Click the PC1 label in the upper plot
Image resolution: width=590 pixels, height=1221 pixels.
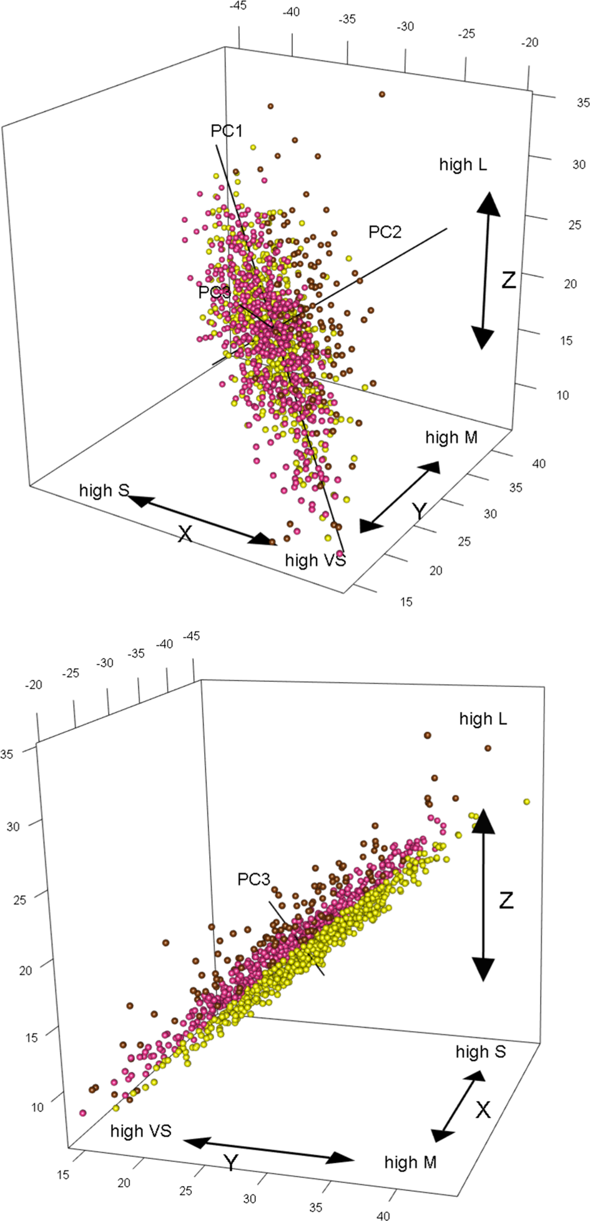tap(226, 131)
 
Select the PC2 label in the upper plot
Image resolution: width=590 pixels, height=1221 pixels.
tap(385, 232)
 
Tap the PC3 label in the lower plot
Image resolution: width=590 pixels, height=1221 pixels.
tap(253, 879)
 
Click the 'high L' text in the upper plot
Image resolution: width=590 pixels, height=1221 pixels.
tap(463, 165)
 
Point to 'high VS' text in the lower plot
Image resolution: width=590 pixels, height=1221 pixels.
tap(140, 1131)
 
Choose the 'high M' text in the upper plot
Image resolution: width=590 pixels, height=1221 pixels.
tap(451, 438)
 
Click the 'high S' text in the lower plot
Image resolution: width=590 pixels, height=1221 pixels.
tap(480, 1052)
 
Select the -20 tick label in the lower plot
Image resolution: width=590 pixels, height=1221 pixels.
tap(33, 685)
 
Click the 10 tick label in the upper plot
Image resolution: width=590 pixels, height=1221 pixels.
tap(563, 395)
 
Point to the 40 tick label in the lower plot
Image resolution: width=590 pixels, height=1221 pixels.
tap(383, 1215)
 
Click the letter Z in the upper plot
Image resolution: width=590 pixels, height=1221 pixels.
tap(509, 280)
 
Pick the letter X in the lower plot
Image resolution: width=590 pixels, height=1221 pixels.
tap(483, 1110)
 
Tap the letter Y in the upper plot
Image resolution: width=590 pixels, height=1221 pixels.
tap(420, 512)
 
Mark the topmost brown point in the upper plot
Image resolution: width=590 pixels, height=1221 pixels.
tap(381, 94)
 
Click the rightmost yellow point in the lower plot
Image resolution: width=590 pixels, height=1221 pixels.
tap(526, 801)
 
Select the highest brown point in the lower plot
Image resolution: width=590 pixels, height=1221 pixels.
tap(428, 735)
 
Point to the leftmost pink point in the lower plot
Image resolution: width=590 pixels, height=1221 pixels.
tap(82, 1113)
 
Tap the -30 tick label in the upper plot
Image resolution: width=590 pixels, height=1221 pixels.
tap(406, 26)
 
